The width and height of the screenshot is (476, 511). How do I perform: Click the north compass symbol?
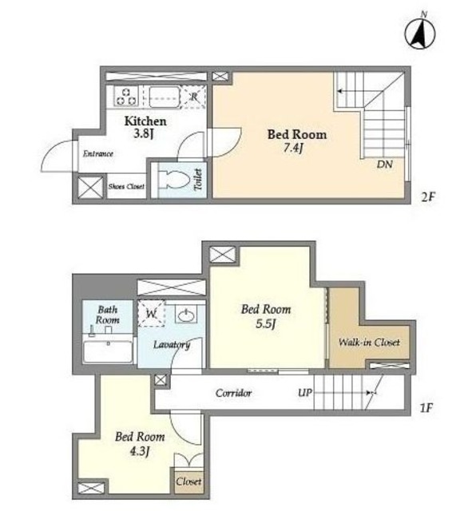(420, 34)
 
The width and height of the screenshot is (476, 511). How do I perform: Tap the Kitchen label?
(145, 121)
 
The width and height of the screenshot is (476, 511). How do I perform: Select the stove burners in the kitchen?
(126, 97)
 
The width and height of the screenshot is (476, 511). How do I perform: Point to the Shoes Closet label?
(126, 186)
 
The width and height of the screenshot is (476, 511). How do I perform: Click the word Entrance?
(97, 153)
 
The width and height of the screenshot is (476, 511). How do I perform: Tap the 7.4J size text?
(293, 149)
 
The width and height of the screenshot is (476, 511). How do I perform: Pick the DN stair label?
(385, 164)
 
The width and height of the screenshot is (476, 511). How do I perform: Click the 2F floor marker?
(428, 197)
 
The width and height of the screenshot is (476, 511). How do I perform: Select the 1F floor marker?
(426, 407)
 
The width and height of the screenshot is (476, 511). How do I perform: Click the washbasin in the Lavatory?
(186, 315)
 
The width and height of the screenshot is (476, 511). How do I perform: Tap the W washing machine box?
(151, 313)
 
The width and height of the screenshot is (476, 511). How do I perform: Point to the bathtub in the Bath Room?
(108, 351)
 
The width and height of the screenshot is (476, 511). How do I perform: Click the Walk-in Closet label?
(369, 343)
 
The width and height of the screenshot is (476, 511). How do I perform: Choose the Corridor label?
(233, 393)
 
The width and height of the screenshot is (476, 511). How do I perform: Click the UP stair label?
(305, 393)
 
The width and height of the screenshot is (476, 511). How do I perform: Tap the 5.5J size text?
(266, 324)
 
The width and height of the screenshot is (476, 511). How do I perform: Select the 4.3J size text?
(140, 451)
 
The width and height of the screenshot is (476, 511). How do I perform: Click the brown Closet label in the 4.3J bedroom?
(188, 481)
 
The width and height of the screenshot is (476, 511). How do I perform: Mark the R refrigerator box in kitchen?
(194, 97)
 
